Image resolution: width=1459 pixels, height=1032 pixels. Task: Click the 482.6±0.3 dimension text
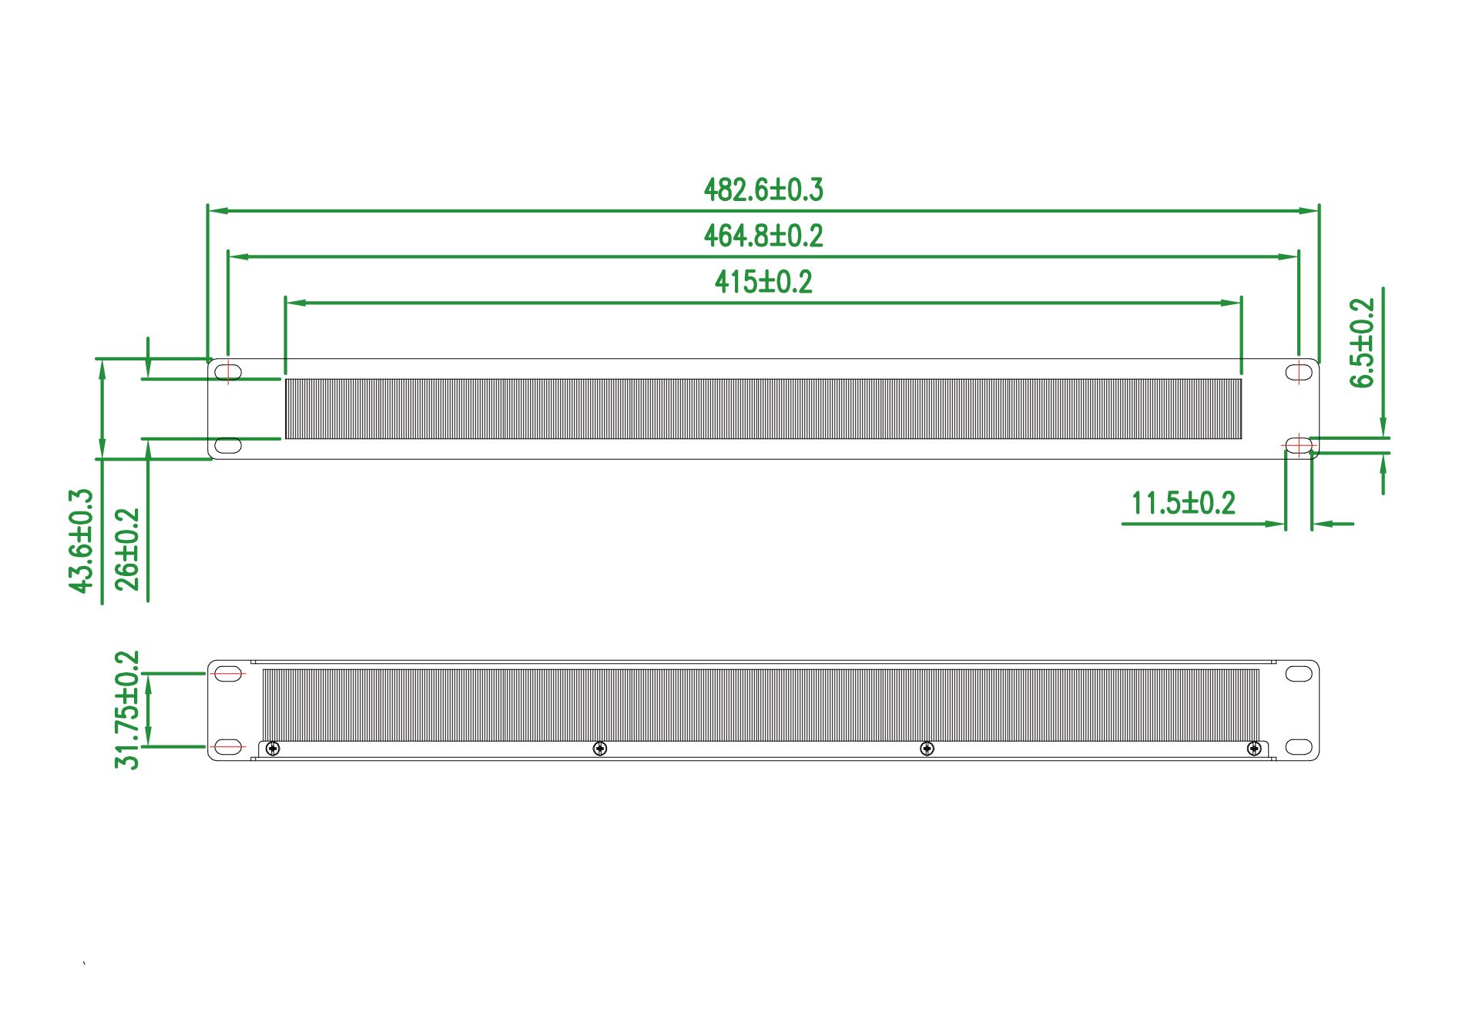763,190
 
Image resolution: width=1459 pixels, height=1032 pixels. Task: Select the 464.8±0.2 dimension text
763,236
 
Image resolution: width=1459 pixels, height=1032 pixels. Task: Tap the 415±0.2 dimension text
763,282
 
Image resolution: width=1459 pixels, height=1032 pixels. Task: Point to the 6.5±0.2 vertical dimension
1363,343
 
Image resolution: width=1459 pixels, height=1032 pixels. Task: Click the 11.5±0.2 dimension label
1183,504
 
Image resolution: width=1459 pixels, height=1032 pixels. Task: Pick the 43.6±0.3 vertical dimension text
82,541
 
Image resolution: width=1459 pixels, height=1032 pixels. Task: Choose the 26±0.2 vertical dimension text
128,549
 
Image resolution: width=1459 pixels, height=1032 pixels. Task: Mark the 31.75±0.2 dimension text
128,710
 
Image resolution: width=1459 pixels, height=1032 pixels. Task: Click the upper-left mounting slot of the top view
228,372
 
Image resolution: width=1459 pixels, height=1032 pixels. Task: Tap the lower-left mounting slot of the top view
228,445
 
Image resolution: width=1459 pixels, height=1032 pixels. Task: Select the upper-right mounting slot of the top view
1299,373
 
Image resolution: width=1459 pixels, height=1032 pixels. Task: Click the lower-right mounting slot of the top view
1299,445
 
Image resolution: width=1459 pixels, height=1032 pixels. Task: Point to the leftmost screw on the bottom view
272,748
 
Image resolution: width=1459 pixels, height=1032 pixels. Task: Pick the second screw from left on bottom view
599,748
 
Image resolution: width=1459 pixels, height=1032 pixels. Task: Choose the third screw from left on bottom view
927,748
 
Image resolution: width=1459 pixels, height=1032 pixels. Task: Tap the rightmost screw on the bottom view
1254,748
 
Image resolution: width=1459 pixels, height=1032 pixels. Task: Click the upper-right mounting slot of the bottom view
1299,674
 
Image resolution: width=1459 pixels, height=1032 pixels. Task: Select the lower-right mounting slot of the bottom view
1299,746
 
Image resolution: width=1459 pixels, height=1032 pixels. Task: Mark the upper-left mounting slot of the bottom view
228,674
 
